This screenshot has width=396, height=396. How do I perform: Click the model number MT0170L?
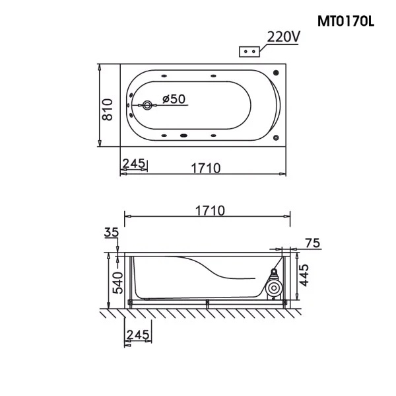click(346, 21)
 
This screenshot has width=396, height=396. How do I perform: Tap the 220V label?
click(283, 37)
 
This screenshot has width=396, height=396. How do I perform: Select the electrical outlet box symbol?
click(249, 52)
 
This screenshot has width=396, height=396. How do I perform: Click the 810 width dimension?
click(108, 110)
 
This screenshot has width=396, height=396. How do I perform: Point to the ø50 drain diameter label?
click(174, 99)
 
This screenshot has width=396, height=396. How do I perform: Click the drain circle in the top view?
click(147, 105)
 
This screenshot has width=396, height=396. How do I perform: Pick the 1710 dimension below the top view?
click(205, 169)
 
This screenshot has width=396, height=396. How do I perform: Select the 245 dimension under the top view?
click(134, 163)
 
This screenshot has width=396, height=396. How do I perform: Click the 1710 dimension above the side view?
click(210, 210)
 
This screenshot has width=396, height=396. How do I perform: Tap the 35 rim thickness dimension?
click(112, 232)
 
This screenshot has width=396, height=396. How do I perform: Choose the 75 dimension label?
click(312, 243)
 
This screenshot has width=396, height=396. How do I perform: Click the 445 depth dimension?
click(304, 275)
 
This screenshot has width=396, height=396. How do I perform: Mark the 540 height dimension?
click(117, 283)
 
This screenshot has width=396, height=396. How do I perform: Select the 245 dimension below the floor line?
click(138, 335)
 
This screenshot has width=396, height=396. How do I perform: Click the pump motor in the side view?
click(273, 286)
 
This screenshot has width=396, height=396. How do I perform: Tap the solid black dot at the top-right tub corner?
click(276, 73)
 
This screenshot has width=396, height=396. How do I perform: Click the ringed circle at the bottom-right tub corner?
click(276, 138)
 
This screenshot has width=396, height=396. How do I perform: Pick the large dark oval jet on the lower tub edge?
click(184, 136)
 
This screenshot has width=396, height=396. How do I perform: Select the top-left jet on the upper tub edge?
click(164, 75)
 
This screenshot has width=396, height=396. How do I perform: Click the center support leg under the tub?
click(207, 304)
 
